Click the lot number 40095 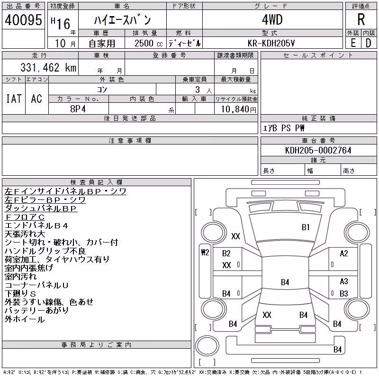point(23,20)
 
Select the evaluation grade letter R point(361,19)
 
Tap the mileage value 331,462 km point(48,67)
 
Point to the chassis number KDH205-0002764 point(318,150)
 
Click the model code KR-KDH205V point(271,43)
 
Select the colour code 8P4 point(78,109)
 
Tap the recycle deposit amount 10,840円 point(239,109)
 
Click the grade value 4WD point(272,19)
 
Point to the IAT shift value point(14,99)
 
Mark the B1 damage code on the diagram point(306,227)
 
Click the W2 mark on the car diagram point(205,253)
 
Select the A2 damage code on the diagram point(344,253)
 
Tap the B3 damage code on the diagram point(344,293)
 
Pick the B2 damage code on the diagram point(226,253)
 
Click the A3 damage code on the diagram point(344,281)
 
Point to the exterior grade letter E point(353,43)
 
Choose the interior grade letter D point(369,43)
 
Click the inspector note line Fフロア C point(25,217)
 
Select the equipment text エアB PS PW point(283,128)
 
